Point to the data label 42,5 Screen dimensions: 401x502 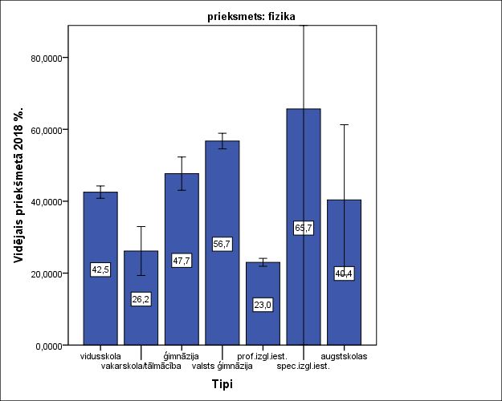tap(100, 269)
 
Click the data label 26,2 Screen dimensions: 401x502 tap(141, 299)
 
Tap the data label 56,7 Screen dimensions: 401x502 tap(222, 244)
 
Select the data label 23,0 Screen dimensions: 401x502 tap(263, 305)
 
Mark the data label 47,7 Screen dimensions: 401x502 tap(182, 260)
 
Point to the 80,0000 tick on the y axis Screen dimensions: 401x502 tap(47, 59)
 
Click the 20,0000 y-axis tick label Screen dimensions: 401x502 tap(47, 273)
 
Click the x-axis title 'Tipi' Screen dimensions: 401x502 tap(222, 384)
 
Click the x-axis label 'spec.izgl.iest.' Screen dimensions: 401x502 tap(303, 367)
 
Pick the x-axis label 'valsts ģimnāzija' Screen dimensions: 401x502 tap(222, 367)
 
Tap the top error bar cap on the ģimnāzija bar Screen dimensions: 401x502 tap(182, 157)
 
